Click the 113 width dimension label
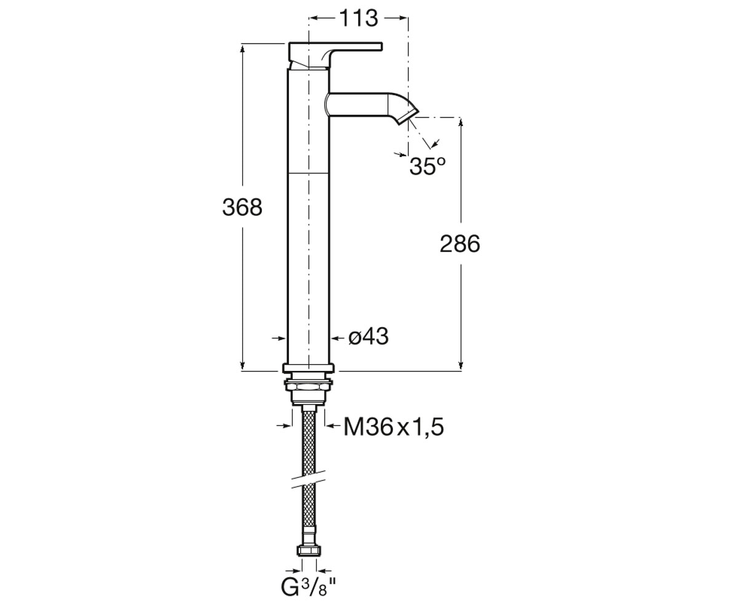tap(359, 18)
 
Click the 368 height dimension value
tap(242, 207)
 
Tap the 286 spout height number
tap(460, 244)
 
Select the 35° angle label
tap(427, 166)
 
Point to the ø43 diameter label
tap(368, 336)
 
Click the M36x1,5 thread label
tap(394, 427)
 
